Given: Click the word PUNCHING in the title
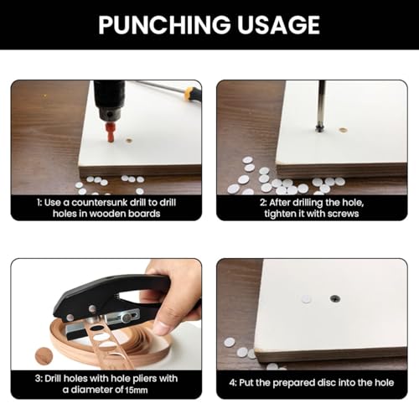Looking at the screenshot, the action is pyautogui.click(x=164, y=25).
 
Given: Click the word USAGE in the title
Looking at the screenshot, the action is pyautogui.click(x=278, y=25).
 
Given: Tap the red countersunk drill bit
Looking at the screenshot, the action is pyautogui.click(x=111, y=132).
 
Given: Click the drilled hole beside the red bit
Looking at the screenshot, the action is pyautogui.click(x=128, y=141).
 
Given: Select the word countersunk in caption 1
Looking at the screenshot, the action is pyautogui.click(x=101, y=202).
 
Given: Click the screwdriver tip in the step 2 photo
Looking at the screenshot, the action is pyautogui.click(x=319, y=129).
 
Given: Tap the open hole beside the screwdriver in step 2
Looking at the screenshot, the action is pyautogui.click(x=343, y=130).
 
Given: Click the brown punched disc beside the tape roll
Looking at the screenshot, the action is pyautogui.click(x=44, y=356).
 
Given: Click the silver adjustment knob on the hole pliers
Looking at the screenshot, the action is pyautogui.click(x=127, y=317).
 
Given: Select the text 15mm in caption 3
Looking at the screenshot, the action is pyautogui.click(x=136, y=390).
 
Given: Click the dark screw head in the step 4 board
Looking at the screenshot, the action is pyautogui.click(x=334, y=298).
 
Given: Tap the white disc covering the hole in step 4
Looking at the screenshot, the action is pyautogui.click(x=306, y=299).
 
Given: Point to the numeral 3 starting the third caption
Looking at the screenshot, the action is pyautogui.click(x=38, y=379).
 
